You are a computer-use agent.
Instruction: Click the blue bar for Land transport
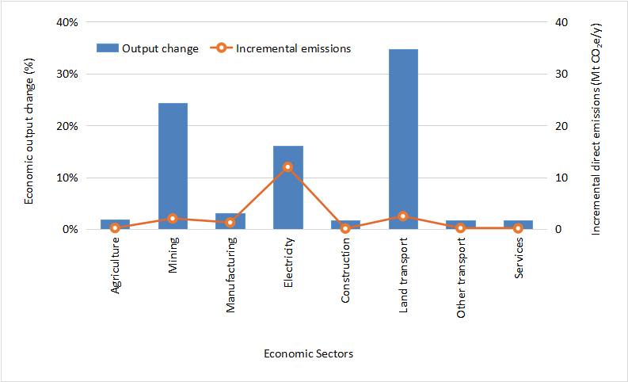[x=403, y=139]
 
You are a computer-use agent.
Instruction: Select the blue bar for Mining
[x=173, y=166]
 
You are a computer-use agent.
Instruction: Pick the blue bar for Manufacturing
[x=230, y=221]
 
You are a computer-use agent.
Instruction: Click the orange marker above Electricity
[x=287, y=167]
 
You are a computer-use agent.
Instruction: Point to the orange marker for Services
[x=518, y=228]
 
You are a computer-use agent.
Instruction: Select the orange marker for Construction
[x=345, y=228]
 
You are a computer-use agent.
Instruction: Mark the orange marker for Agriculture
[x=115, y=228]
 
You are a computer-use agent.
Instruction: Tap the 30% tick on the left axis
[x=66, y=74]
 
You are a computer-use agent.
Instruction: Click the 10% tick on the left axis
[x=66, y=178]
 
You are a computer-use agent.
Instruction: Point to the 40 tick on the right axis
[x=561, y=22]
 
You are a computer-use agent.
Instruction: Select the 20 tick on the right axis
[x=561, y=126]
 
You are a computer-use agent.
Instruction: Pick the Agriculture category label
[x=116, y=267]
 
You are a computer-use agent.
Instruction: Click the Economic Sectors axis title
[x=308, y=353]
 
